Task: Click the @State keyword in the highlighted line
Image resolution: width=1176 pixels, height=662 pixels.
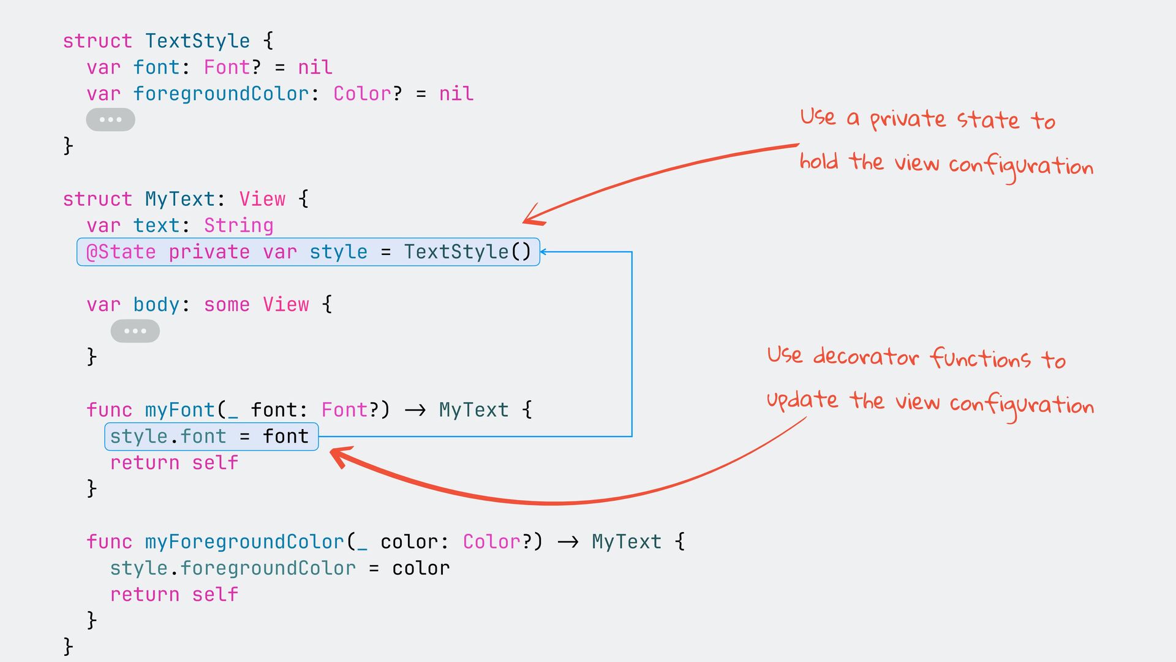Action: pyautogui.click(x=121, y=252)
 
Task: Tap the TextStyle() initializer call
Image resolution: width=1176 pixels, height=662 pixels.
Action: pyautogui.click(x=467, y=252)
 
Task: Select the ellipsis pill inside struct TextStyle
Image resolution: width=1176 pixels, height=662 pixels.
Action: pyautogui.click(x=110, y=120)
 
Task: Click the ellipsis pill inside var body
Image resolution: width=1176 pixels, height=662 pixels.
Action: pyautogui.click(x=135, y=331)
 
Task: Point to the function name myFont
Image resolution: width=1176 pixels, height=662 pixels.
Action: pyautogui.click(x=180, y=409)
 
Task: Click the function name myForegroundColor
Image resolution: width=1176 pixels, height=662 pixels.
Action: pyautogui.click(x=244, y=542)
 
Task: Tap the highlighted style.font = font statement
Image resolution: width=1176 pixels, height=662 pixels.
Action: pyautogui.click(x=210, y=436)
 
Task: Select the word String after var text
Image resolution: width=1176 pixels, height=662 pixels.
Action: pyautogui.click(x=238, y=226)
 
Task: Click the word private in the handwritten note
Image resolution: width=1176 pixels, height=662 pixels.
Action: pyautogui.click(x=908, y=120)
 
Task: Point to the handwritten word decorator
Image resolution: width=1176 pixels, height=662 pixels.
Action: pyautogui.click(x=866, y=357)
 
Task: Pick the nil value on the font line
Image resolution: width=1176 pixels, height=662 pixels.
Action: pyautogui.click(x=315, y=67)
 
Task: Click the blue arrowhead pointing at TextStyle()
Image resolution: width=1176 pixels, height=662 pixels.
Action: pyautogui.click(x=543, y=252)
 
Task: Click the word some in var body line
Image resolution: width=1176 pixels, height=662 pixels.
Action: pyautogui.click(x=227, y=305)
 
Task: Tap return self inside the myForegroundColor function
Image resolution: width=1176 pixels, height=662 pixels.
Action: pyautogui.click(x=174, y=595)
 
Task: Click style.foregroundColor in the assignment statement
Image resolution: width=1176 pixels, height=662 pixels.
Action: pyautogui.click(x=233, y=568)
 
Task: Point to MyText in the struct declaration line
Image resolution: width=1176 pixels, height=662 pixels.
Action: pyautogui.click(x=180, y=199)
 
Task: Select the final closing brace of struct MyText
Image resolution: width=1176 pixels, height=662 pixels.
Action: pyautogui.click(x=68, y=646)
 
